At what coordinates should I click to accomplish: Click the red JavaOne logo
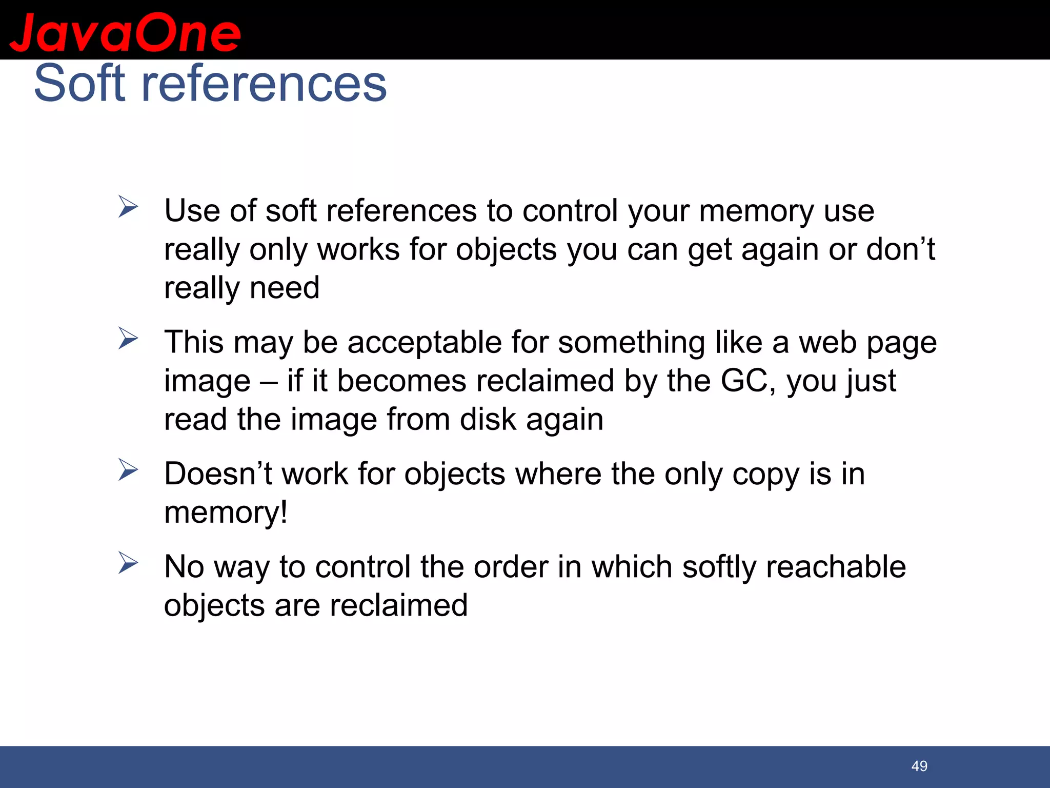click(125, 33)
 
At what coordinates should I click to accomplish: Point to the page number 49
click(919, 766)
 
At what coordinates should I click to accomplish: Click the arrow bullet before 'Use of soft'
click(128, 207)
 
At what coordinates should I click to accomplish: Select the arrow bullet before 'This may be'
click(128, 339)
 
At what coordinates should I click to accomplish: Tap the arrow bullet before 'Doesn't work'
click(128, 470)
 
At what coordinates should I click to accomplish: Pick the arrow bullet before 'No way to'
click(128, 563)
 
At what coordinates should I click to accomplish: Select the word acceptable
click(425, 342)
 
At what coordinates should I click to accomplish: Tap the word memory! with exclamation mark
click(226, 513)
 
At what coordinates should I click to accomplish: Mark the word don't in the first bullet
click(900, 249)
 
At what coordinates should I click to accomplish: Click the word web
click(827, 342)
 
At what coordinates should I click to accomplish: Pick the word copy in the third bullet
click(765, 474)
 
